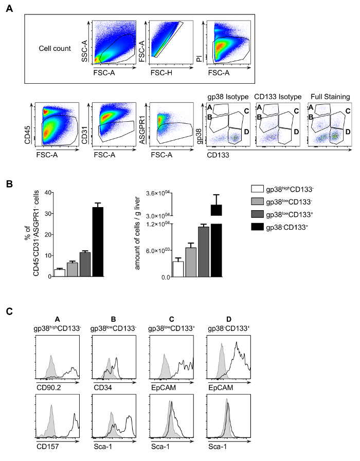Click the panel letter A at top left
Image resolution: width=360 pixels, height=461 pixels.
pos(9,10)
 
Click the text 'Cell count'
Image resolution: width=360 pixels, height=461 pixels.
pos(55,49)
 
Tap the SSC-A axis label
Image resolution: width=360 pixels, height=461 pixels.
pos(84,53)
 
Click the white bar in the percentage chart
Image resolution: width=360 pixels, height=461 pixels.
pos(60,272)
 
